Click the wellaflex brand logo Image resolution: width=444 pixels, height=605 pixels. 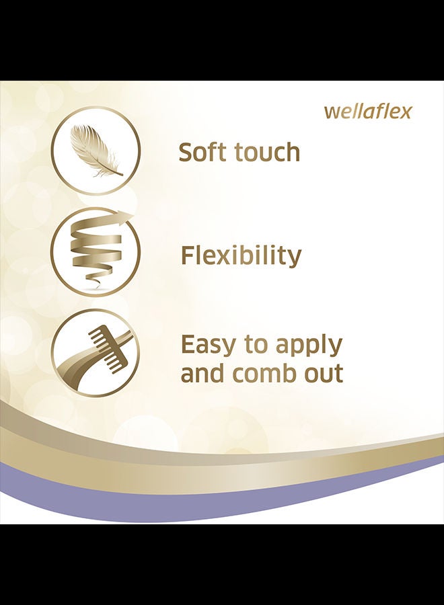(368, 111)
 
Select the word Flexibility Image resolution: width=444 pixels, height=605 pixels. (241, 255)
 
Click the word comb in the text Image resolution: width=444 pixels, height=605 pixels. (264, 373)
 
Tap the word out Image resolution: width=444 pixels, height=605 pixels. (323, 374)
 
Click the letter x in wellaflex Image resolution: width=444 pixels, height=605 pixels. (404, 112)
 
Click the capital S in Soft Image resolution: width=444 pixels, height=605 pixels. (186, 152)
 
